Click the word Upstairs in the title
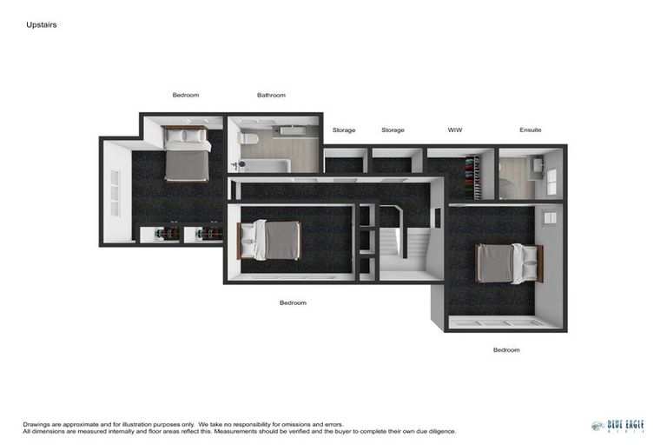[41, 25]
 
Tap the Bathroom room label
[271, 95]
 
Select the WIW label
[454, 130]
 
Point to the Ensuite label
[530, 130]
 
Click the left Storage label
[344, 130]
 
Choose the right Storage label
[393, 130]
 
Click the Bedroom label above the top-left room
[186, 95]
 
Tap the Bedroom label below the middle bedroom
[293, 302]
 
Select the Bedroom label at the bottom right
[506, 349]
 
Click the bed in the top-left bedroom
[186, 156]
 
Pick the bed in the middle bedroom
[271, 240]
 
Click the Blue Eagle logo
[617, 426]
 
